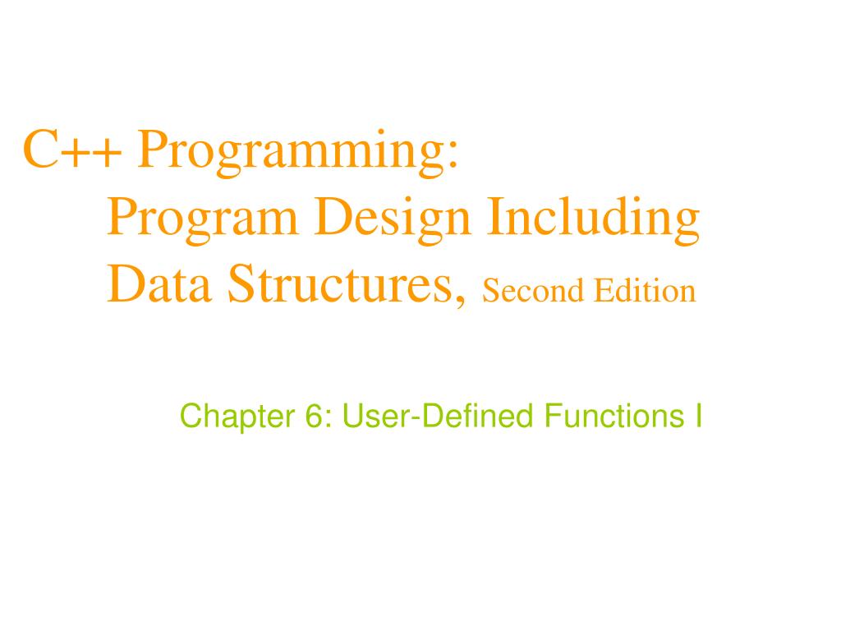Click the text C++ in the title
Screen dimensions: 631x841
point(74,150)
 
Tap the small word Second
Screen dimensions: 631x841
point(522,290)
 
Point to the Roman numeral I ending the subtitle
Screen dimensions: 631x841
point(697,417)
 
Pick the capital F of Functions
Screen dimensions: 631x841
point(548,417)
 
